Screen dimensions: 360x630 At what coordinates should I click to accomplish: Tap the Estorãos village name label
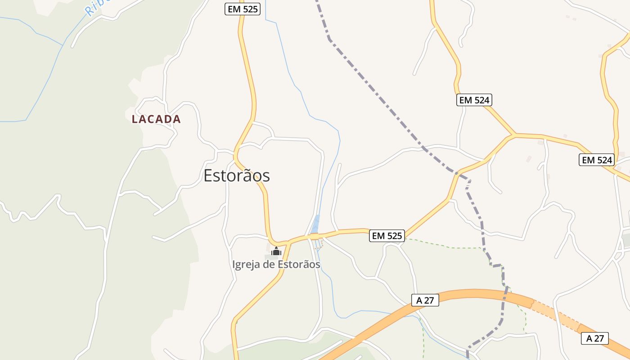pos(237,175)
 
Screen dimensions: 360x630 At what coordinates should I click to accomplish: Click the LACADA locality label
pos(156,119)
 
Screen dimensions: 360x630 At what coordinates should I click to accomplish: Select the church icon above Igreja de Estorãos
pos(276,251)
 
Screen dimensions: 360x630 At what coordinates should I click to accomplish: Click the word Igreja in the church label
pos(246,265)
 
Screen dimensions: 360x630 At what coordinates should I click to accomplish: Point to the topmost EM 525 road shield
pos(243,9)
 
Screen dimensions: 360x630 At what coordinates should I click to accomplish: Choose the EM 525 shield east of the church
pos(387,235)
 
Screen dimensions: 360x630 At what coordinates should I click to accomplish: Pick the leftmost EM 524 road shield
pos(474,100)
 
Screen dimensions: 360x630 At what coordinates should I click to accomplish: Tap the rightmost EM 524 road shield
pos(597,160)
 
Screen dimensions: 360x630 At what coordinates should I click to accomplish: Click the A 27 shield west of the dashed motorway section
pos(425,300)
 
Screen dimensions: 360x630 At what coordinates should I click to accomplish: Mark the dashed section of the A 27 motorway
pos(556,315)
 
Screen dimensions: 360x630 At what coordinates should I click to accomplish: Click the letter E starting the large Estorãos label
pos(208,175)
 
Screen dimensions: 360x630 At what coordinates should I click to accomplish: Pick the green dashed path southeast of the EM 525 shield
pos(450,247)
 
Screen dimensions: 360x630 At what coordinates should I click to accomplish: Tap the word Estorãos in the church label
pos(299,265)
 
